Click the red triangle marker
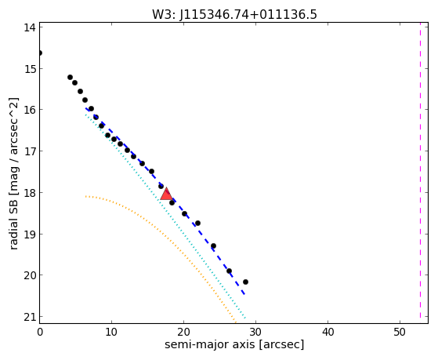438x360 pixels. pos(166,195)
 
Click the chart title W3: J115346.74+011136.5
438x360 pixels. pos(234,14)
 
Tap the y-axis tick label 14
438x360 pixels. pos(30,27)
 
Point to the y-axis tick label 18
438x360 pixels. pos(30,193)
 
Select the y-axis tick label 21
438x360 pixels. pos(30,317)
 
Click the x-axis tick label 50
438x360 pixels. pos(400,332)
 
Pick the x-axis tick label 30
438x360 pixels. pos(255,332)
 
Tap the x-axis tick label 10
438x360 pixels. pos(111,332)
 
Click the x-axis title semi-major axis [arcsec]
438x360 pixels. pos(234,344)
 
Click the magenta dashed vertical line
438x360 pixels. pos(420,170)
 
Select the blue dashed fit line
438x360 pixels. pos(165,201)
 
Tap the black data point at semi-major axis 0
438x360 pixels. pos(40,53)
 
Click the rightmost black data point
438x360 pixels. pos(245,282)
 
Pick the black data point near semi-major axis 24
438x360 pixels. pos(213,246)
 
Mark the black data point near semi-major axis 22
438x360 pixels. pos(197,224)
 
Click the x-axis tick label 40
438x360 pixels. pos(328,332)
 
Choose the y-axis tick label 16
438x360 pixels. pos(30,110)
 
